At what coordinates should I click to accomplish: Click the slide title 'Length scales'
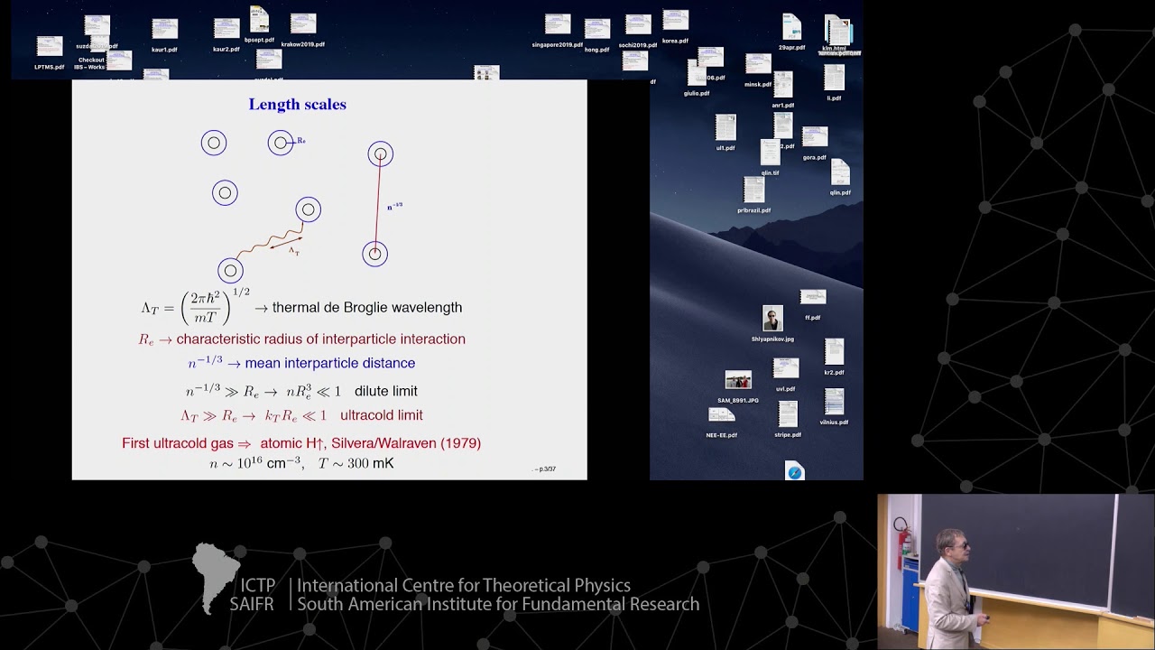297,105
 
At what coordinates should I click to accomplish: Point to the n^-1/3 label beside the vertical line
394,207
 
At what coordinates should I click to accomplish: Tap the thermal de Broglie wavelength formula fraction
206,307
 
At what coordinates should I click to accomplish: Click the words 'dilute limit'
385,391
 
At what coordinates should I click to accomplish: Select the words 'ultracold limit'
381,415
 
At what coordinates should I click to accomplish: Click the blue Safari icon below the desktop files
794,472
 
